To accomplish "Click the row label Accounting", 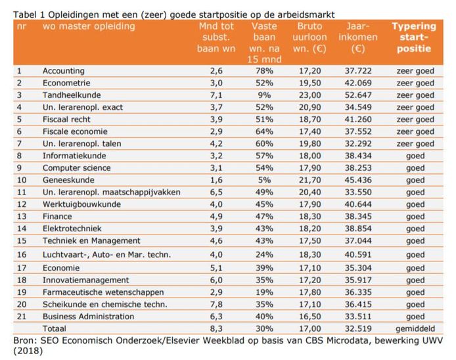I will [64, 71].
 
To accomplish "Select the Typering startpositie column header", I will [414, 37].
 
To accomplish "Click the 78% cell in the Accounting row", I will [263, 71].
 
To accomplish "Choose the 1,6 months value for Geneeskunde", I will [216, 180].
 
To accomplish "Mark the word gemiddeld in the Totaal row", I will [415, 328].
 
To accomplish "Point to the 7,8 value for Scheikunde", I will [216, 304].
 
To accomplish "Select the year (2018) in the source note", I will [30, 351].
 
